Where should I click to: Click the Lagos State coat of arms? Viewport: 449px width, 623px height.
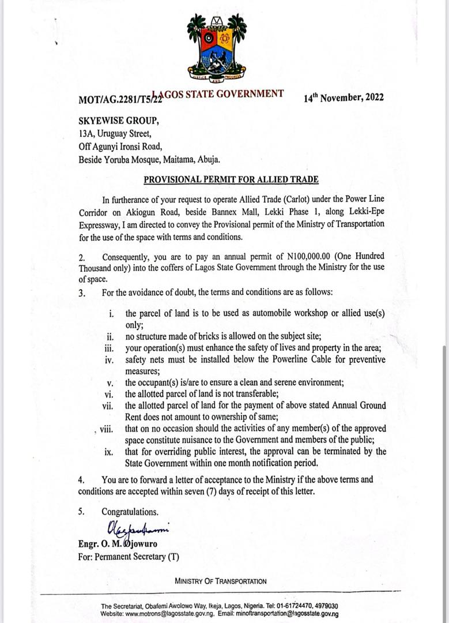(217, 48)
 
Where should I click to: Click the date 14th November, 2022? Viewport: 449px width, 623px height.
(344, 97)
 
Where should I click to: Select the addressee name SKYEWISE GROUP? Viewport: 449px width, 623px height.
(118, 122)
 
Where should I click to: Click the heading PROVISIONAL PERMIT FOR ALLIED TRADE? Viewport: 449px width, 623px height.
(231, 179)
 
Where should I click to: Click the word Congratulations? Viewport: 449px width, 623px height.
(130, 512)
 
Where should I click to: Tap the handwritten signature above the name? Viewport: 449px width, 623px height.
(139, 528)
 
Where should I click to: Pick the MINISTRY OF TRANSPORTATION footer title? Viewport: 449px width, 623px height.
(221, 581)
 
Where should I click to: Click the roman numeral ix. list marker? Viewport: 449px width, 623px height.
(109, 452)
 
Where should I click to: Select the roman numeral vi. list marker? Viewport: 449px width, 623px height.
(108, 395)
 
